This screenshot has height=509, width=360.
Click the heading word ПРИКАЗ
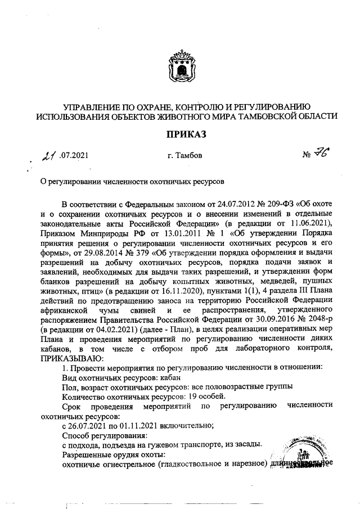(179, 134)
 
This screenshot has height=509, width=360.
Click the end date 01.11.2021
(134, 427)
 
